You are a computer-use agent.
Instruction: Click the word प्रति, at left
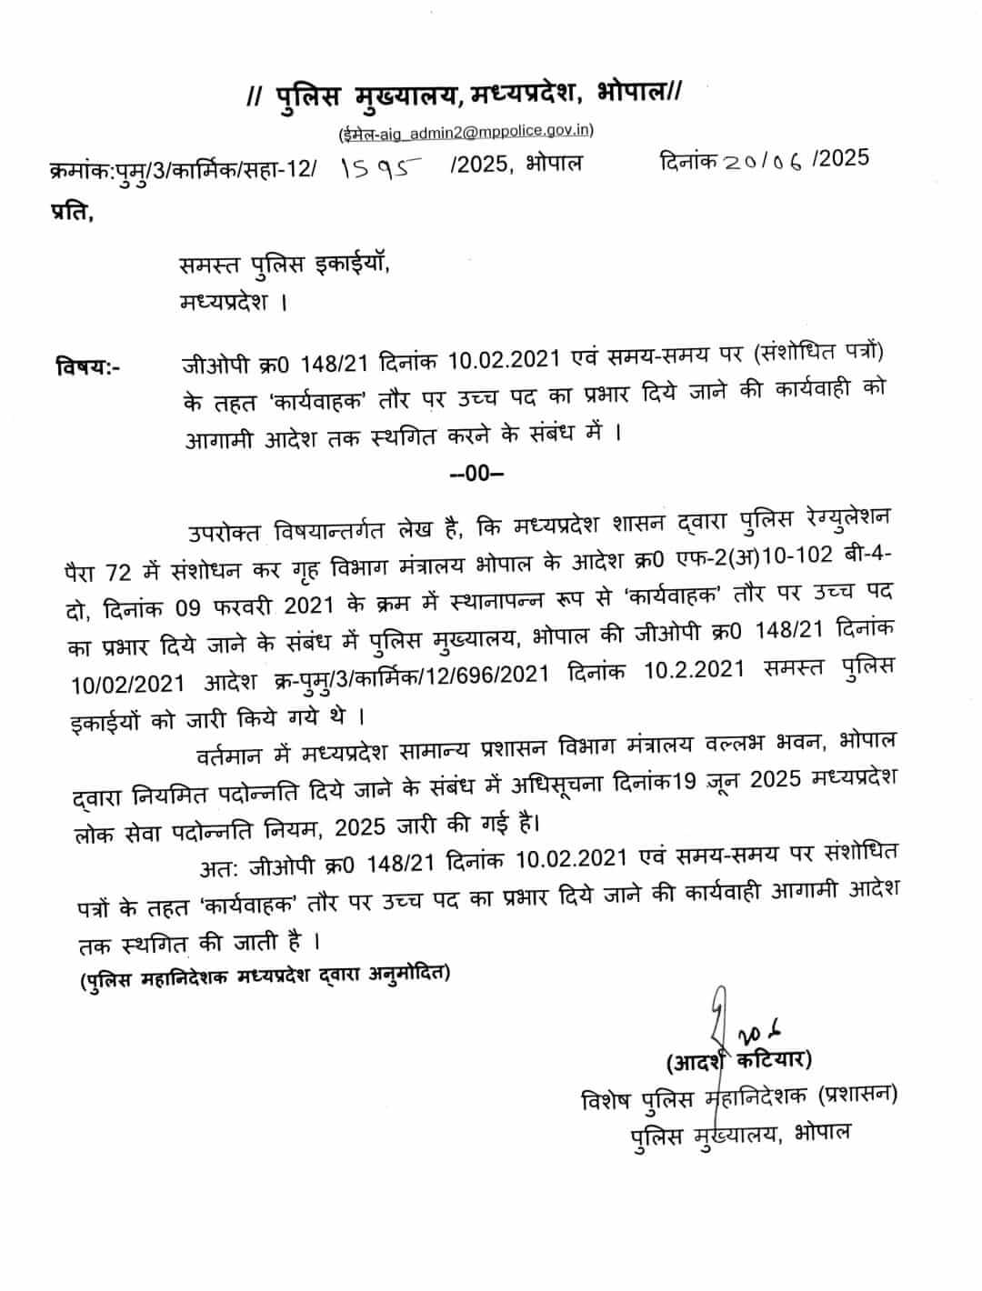tap(70, 215)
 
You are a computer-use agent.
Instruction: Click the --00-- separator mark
tap(476, 473)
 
